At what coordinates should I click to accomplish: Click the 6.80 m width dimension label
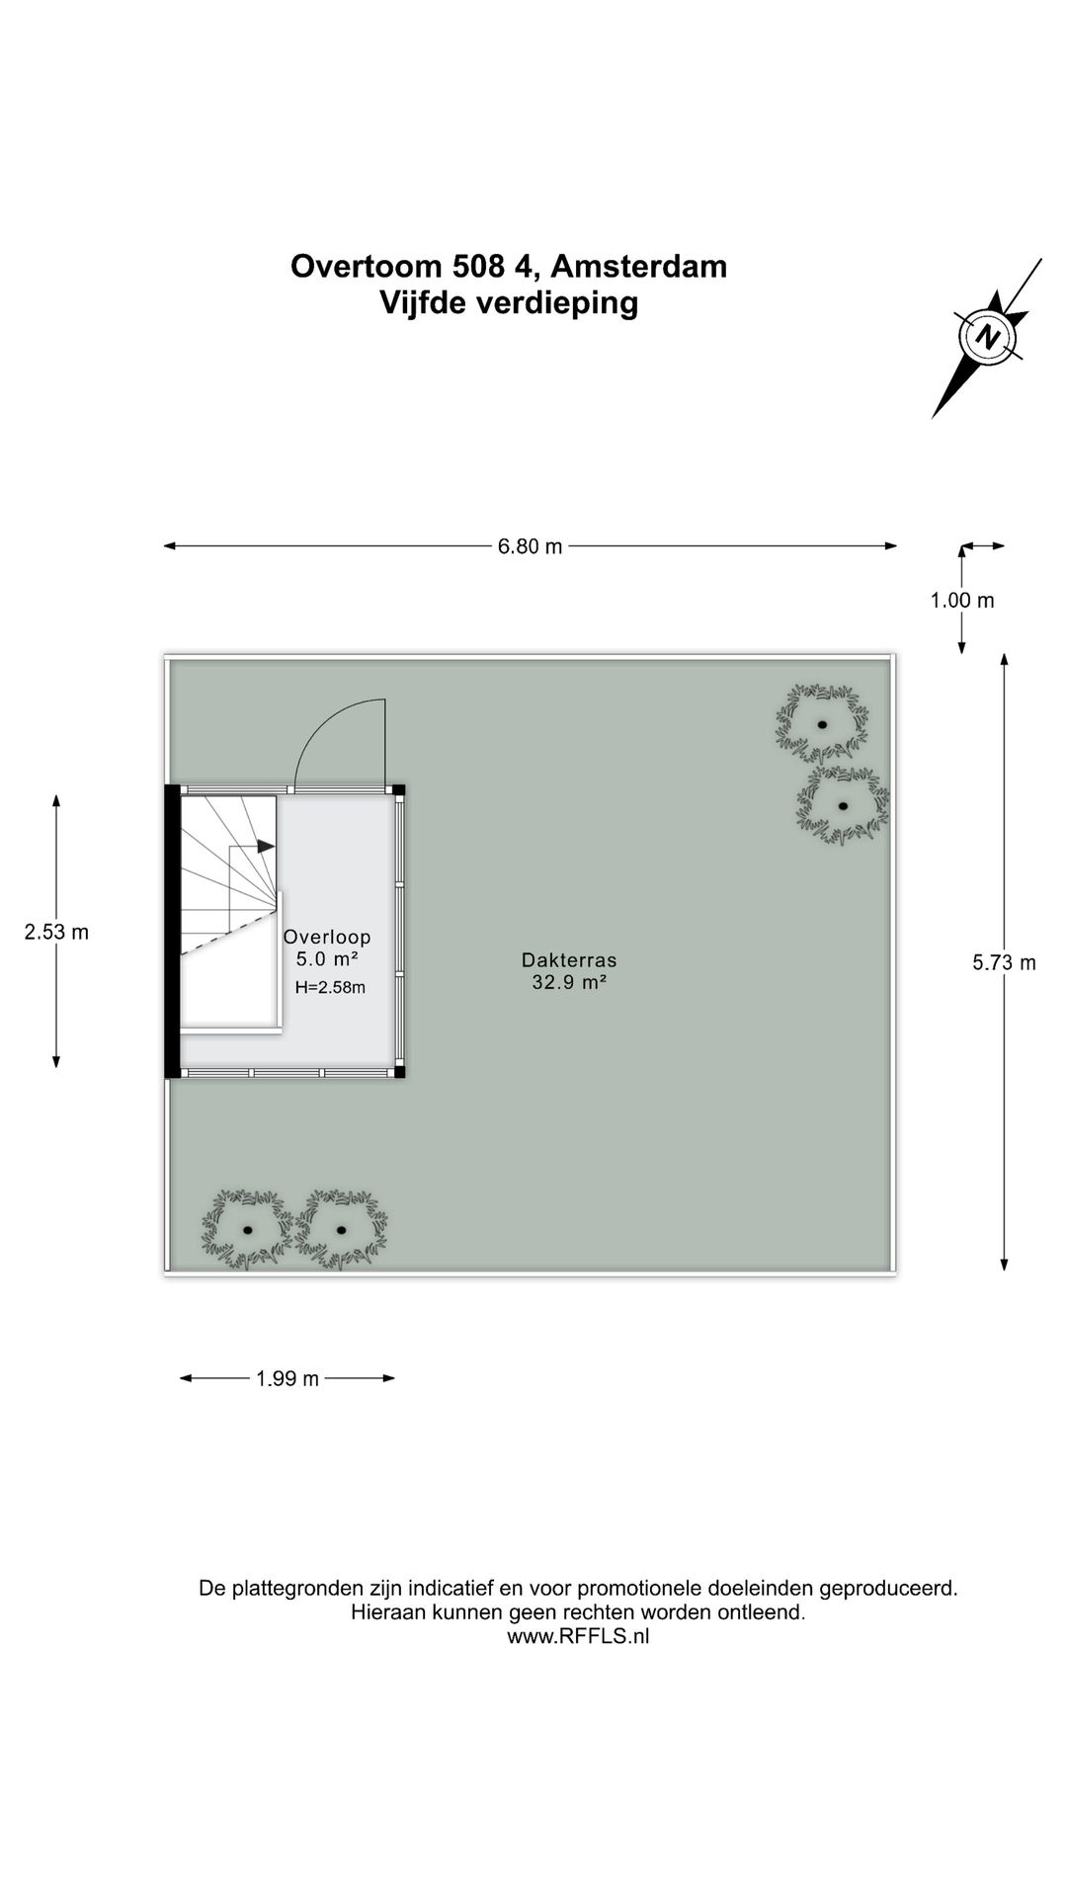[x=530, y=546]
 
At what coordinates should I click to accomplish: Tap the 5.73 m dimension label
[x=1004, y=962]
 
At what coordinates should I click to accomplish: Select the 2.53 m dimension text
[x=56, y=932]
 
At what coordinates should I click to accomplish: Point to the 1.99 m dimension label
[x=287, y=1378]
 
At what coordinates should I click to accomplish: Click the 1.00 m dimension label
[x=961, y=600]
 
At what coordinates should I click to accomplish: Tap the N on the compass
[x=986, y=336]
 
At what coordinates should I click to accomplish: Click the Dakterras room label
[x=569, y=959]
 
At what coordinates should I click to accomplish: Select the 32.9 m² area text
[x=569, y=982]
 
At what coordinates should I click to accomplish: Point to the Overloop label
[x=327, y=937]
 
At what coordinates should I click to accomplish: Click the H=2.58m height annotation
[x=330, y=987]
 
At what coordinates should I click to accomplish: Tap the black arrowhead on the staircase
[x=266, y=847]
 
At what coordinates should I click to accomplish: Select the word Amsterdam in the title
[x=638, y=266]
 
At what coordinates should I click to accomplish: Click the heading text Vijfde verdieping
[x=509, y=302]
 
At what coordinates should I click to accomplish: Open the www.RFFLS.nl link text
[x=578, y=1635]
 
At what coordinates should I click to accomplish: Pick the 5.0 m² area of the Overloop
[x=327, y=958]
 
